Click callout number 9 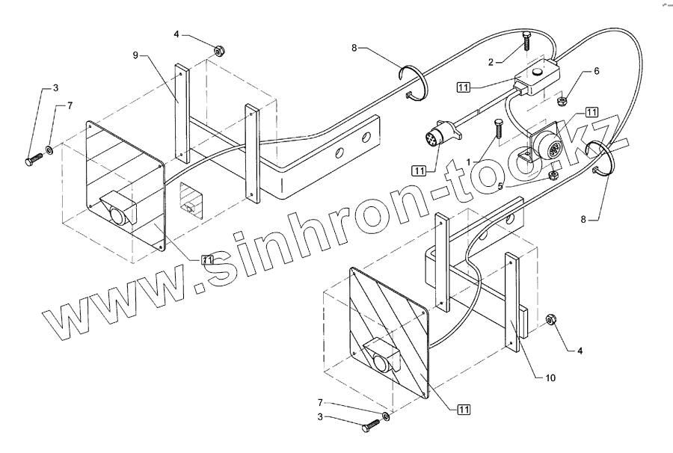pos(136,55)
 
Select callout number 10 pos(550,377)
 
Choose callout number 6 pos(596,71)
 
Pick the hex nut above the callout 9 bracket pos(220,52)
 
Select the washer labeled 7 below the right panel pos(385,415)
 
